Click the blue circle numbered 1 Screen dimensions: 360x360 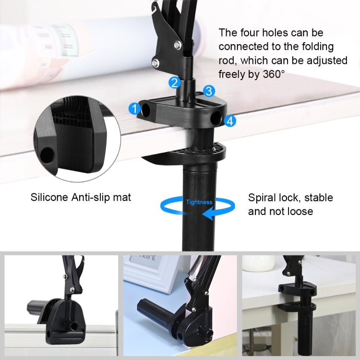(x=135, y=108)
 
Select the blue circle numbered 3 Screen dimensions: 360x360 (x=208, y=91)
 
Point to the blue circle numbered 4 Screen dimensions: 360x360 (x=230, y=121)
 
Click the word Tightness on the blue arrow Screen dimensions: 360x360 (x=199, y=202)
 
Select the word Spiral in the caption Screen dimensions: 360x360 (x=263, y=197)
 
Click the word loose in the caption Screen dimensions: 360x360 (x=298, y=211)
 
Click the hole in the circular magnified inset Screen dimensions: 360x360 (x=47, y=154)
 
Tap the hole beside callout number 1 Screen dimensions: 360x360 (x=146, y=111)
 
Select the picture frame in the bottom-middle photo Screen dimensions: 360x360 (x=149, y=274)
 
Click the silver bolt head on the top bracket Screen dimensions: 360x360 (x=178, y=45)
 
